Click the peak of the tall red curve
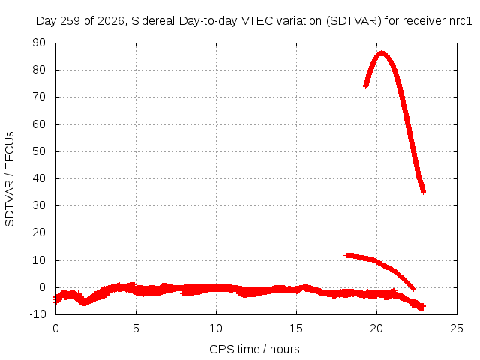(382, 53)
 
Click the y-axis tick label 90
(39, 43)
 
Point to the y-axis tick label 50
(39, 151)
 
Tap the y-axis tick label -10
(37, 314)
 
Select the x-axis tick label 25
(457, 328)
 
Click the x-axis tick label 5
(136, 328)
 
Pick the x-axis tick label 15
(295, 328)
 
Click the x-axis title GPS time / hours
(254, 349)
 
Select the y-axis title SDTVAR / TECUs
(10, 179)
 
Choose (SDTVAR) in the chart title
(353, 21)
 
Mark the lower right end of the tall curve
(424, 192)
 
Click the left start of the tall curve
(365, 86)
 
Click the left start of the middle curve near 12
(346, 255)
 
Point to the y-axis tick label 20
(39, 232)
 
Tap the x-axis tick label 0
(55, 328)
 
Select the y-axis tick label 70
(39, 97)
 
